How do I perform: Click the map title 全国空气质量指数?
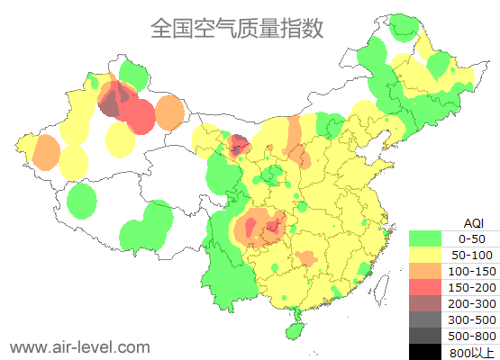pyautogui.click(x=236, y=28)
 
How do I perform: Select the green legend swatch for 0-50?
pyautogui.click(x=425, y=238)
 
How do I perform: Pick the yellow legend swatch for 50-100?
pyautogui.click(x=425, y=255)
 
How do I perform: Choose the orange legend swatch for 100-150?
pyautogui.click(x=425, y=271)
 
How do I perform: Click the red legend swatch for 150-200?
pyautogui.click(x=425, y=287)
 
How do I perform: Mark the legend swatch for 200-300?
pyautogui.click(x=425, y=303)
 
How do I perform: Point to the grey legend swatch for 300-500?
pyautogui.click(x=425, y=319)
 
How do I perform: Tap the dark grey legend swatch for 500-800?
pyautogui.click(x=425, y=336)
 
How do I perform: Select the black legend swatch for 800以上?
pyautogui.click(x=425, y=352)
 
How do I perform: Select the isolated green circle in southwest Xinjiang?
pyautogui.click(x=82, y=201)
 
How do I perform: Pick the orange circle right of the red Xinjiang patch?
pyautogui.click(x=169, y=112)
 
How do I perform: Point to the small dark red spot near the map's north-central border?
pyautogui.click(x=240, y=144)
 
